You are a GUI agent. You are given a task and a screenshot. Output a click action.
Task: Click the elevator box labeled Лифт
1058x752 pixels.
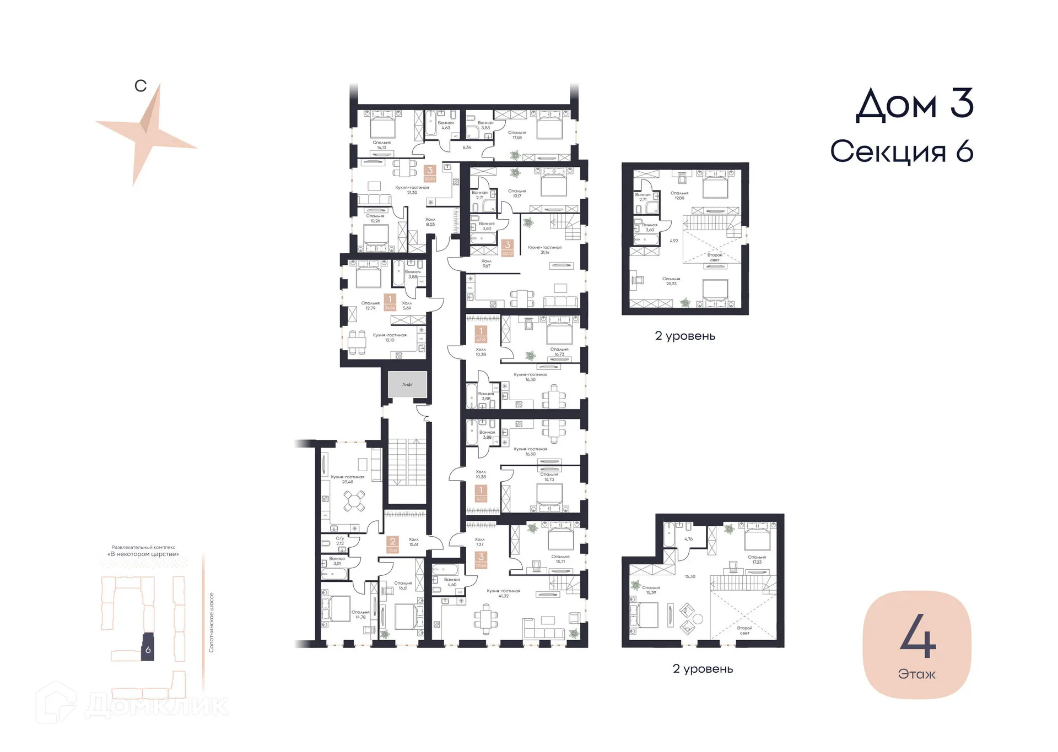pyautogui.click(x=407, y=384)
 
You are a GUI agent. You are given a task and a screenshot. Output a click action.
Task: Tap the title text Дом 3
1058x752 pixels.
pyautogui.click(x=914, y=105)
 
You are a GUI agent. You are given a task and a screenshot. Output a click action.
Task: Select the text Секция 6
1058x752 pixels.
pyautogui.click(x=902, y=151)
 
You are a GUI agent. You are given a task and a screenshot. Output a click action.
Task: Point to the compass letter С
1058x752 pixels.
pyautogui.click(x=141, y=86)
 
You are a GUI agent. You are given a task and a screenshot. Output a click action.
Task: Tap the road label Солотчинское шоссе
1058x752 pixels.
pyautogui.click(x=211, y=623)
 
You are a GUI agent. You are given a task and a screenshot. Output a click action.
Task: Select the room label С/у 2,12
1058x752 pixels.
pyautogui.click(x=340, y=541)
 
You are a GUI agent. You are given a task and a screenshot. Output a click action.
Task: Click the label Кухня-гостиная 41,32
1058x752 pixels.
pyautogui.click(x=503, y=593)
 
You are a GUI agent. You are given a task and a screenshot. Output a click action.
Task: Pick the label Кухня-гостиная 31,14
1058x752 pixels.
pyautogui.click(x=544, y=250)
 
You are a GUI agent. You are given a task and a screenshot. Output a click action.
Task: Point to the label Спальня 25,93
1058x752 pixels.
pyautogui.click(x=671, y=281)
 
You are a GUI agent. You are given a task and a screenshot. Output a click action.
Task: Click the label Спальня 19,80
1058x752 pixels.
pyautogui.click(x=679, y=195)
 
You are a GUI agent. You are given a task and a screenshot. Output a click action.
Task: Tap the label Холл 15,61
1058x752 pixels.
pyautogui.click(x=413, y=542)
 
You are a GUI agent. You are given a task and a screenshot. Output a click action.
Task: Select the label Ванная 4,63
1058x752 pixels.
pyautogui.click(x=446, y=126)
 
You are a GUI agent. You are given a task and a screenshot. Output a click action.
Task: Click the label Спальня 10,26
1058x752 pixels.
pyautogui.click(x=375, y=219)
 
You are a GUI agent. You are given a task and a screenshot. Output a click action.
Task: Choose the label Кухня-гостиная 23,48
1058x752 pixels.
pyautogui.click(x=347, y=479)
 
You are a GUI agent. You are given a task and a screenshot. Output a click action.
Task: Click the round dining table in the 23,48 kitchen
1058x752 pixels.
pyautogui.click(x=354, y=501)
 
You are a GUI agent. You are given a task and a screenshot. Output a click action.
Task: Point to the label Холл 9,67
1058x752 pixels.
pyautogui.click(x=486, y=264)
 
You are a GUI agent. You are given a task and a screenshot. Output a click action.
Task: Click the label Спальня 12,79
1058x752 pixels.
pyautogui.click(x=370, y=306)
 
